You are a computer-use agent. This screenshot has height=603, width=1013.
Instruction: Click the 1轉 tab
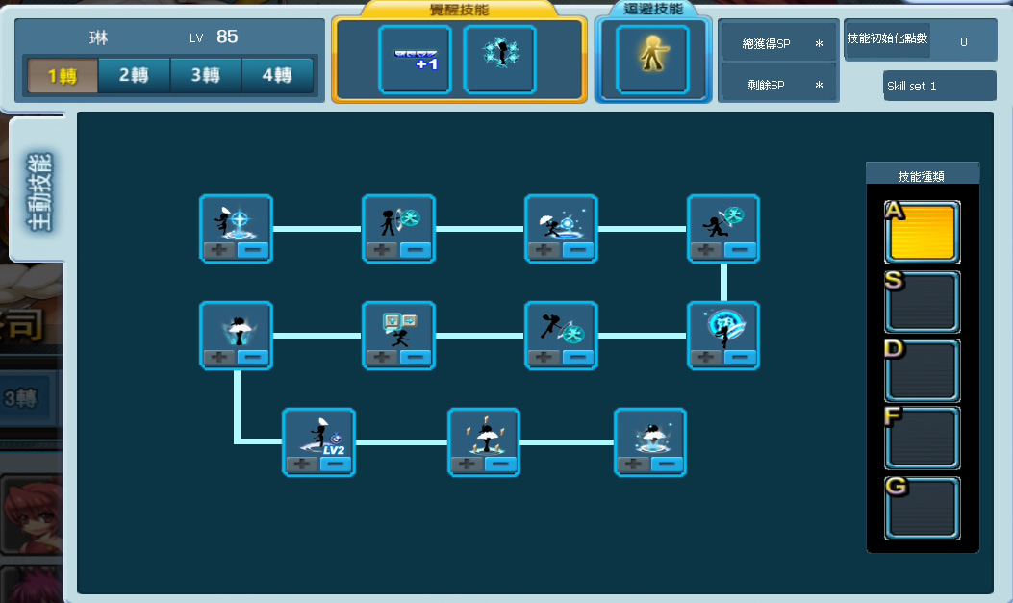coord(63,75)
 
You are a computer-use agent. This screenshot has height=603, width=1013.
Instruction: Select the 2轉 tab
coord(135,75)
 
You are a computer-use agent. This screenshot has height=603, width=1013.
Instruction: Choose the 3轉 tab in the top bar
coord(206,75)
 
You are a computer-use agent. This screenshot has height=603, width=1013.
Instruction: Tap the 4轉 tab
coord(277,75)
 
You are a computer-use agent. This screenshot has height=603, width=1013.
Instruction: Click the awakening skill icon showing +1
coord(415,59)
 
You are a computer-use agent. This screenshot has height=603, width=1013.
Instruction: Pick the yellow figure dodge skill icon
coord(653,59)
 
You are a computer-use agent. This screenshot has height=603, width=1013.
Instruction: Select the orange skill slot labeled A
coord(922,232)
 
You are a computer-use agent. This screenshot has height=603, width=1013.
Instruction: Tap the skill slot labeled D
coord(922,370)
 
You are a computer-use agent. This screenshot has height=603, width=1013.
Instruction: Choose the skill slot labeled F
coord(922,438)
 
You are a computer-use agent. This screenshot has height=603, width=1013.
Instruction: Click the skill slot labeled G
coord(922,507)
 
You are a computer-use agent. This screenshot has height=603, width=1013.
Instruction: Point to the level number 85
coord(227,38)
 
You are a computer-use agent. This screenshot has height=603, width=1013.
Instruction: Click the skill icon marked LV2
coord(318,435)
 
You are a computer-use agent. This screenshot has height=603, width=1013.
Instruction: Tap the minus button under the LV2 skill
coord(336,465)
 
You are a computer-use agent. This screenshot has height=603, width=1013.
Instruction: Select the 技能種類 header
coord(922,177)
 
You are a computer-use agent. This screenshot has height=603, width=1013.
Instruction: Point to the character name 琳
coord(98,38)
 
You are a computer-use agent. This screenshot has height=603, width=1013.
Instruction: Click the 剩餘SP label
coord(766,85)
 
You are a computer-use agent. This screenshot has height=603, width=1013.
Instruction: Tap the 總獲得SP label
coord(766,44)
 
